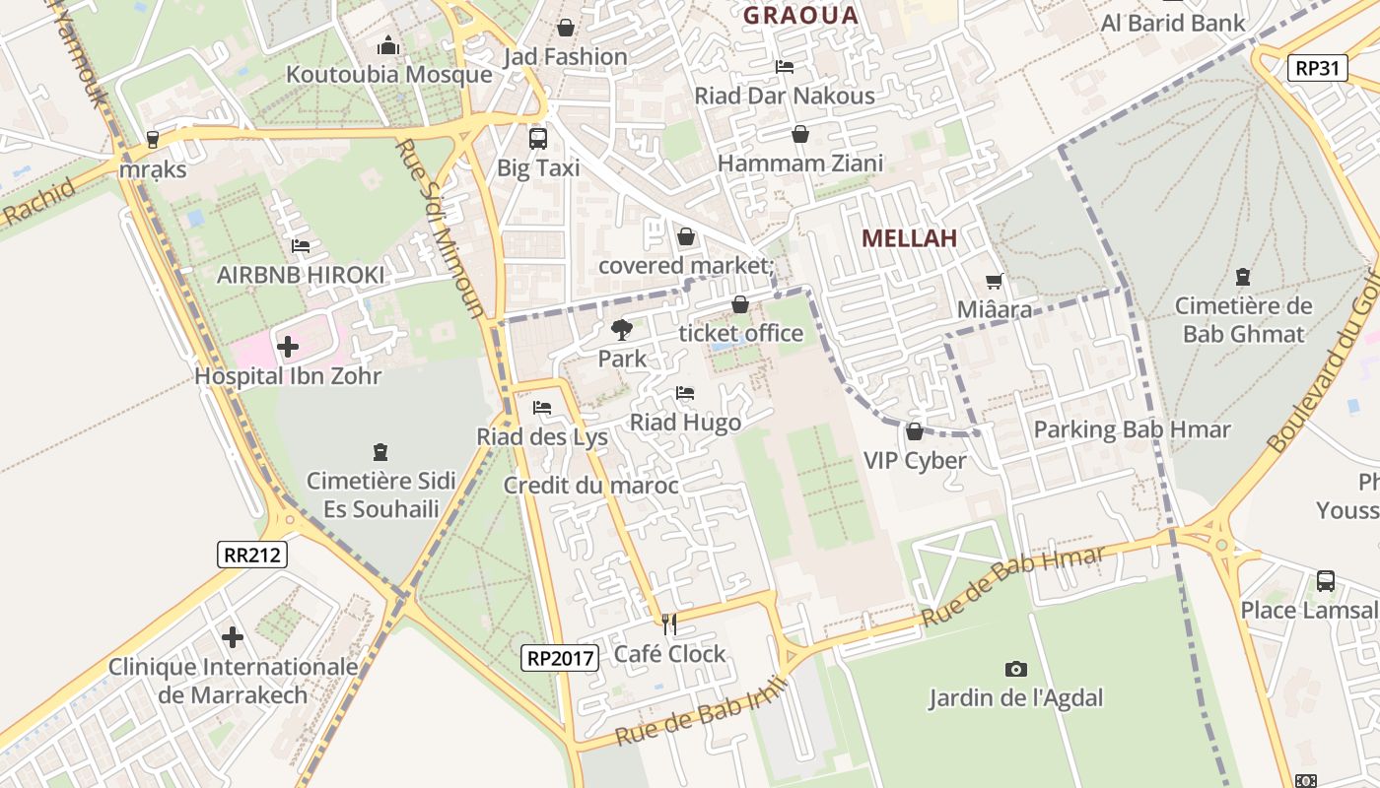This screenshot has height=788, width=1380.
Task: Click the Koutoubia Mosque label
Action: [388, 74]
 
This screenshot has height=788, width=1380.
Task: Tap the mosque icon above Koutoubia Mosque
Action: [388, 46]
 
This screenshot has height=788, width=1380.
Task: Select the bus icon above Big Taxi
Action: [538, 138]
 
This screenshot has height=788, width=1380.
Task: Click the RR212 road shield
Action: [252, 555]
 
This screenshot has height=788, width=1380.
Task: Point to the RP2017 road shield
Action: [560, 657]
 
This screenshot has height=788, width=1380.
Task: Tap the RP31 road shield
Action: [1318, 68]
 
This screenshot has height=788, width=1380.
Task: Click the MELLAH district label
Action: [910, 238]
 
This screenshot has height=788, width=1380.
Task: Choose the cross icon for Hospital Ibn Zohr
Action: [288, 347]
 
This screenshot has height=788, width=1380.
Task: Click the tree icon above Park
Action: [622, 330]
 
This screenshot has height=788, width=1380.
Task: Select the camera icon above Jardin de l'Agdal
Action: [1016, 670]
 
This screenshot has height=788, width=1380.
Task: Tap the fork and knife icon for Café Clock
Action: [669, 624]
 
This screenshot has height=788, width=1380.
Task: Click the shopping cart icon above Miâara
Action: [995, 282]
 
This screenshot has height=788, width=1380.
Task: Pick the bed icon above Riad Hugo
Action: [685, 394]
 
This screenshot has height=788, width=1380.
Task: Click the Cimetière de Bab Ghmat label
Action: [1244, 319]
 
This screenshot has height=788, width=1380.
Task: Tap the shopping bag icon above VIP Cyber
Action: [915, 431]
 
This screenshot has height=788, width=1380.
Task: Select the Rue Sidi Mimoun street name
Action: [440, 229]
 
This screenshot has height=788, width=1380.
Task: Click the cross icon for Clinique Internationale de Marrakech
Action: [233, 637]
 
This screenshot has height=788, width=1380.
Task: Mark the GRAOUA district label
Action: [800, 15]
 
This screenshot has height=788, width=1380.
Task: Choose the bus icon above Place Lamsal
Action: [1326, 581]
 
